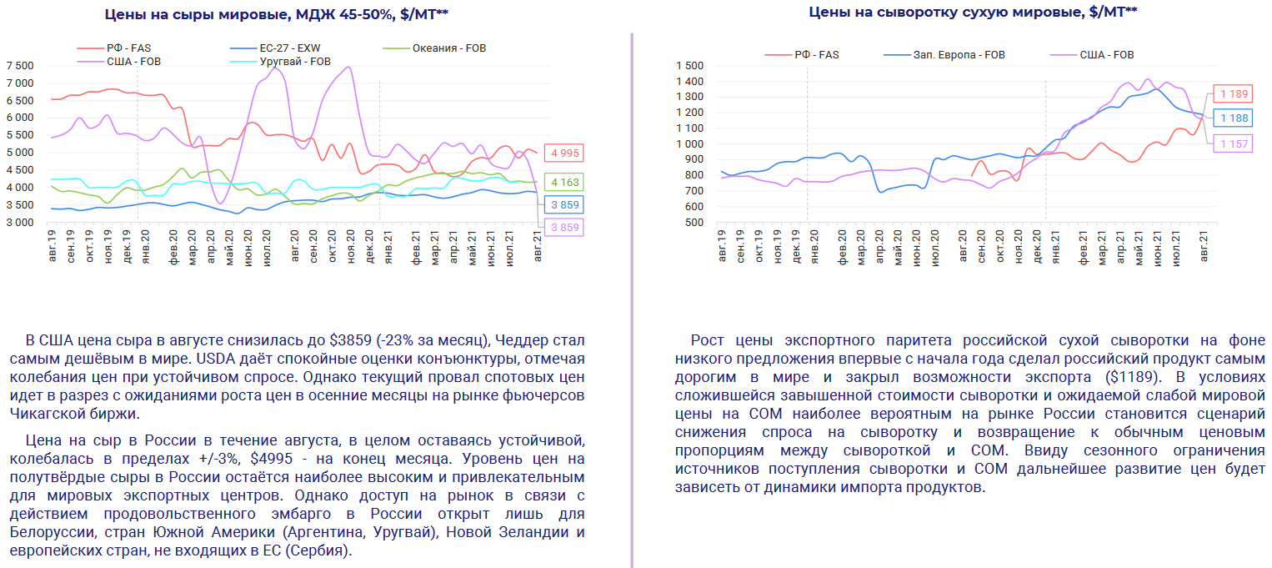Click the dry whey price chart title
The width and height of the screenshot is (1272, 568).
(973, 12)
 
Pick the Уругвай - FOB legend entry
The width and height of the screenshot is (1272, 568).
(295, 62)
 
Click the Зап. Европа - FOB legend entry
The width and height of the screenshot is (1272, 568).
(959, 55)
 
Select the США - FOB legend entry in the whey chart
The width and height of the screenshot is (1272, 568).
(1106, 55)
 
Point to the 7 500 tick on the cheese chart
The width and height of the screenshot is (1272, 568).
(20, 66)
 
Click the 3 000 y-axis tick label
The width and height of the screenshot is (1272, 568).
(20, 223)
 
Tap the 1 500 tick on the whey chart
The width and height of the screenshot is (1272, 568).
(690, 66)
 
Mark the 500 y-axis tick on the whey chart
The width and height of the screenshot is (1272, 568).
(694, 223)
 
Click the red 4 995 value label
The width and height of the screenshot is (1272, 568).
(563, 153)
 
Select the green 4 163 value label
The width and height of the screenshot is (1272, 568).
(563, 182)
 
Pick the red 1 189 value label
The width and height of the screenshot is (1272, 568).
(1233, 93)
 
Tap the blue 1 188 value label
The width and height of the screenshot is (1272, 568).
(1233, 118)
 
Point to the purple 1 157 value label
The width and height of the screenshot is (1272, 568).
(1233, 144)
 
